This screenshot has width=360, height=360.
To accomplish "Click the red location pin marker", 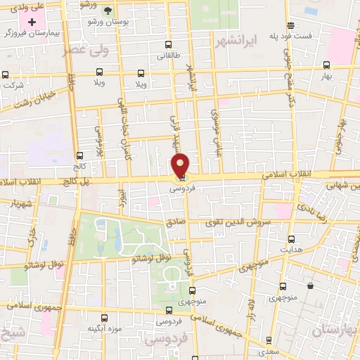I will click(x=181, y=165).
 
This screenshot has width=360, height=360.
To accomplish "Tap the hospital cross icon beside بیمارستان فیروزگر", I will click(x=32, y=22).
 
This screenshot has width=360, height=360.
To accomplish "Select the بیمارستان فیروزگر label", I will click(x=30, y=33).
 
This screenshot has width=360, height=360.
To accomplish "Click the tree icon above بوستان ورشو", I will click(x=108, y=11).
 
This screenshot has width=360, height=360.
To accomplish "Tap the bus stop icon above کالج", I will click(x=79, y=156).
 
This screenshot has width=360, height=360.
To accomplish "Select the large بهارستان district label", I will click(x=336, y=330).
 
